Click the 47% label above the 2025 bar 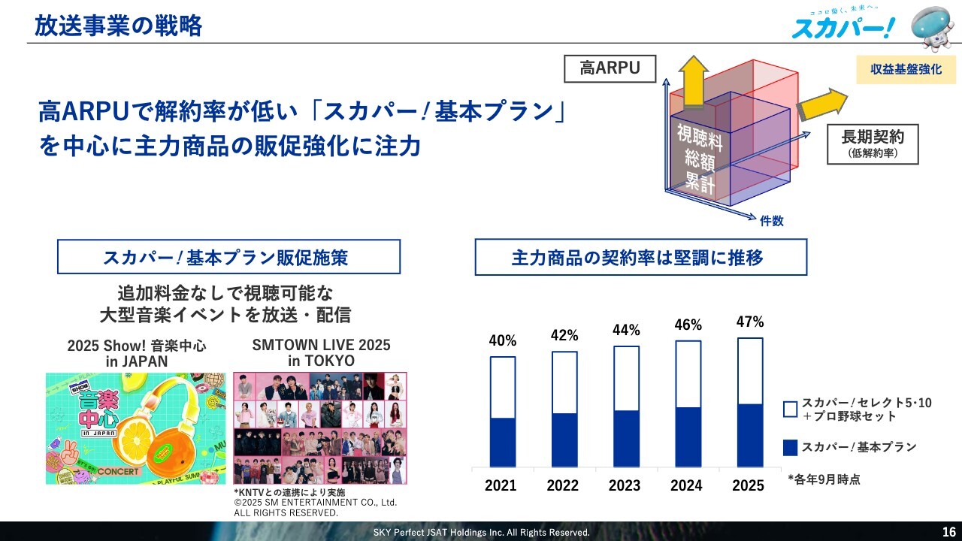[749, 322]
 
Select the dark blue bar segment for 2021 [503, 442]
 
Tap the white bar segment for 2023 [626, 378]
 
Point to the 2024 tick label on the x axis [686, 485]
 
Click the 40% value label [503, 341]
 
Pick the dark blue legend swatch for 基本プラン [790, 448]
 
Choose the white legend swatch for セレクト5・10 [790, 410]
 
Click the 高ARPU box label [610, 69]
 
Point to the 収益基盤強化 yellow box [906, 70]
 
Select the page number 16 [949, 532]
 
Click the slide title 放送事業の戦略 [118, 26]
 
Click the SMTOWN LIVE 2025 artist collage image [320, 428]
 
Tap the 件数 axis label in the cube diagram [772, 221]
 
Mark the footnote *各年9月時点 [824, 479]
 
